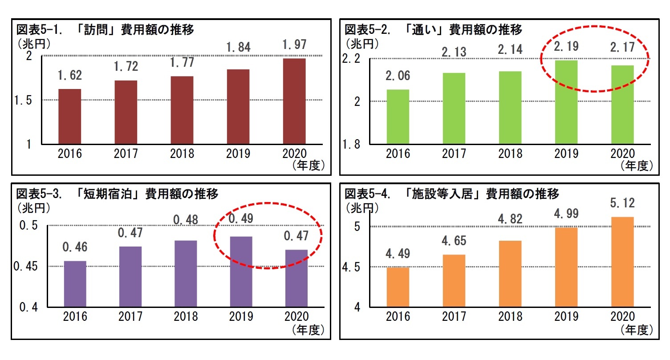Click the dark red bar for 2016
[x=70, y=117]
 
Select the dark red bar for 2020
[x=294, y=101]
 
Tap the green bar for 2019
[x=566, y=102]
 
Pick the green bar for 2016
[x=398, y=117]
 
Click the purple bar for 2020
[x=296, y=278]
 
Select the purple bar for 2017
[x=130, y=276]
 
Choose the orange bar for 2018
[x=510, y=274]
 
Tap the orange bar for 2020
[x=622, y=262]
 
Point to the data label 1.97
[x=294, y=45]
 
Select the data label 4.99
[x=566, y=214]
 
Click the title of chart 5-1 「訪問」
[x=105, y=30]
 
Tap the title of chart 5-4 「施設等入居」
[x=451, y=194]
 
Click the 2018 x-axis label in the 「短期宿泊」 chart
[x=186, y=316]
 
